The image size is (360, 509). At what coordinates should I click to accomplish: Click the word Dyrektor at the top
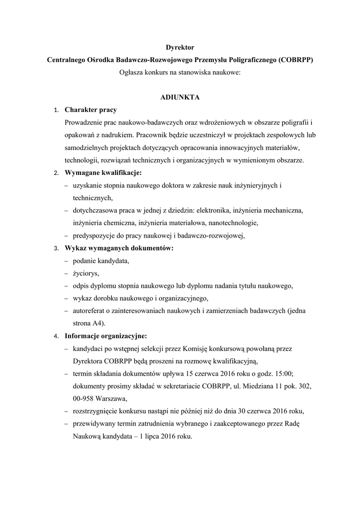[180, 47]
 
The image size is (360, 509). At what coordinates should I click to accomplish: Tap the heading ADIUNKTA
[180, 97]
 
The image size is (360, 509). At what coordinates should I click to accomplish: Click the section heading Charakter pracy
[91, 110]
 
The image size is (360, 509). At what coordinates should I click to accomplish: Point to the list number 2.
[56, 173]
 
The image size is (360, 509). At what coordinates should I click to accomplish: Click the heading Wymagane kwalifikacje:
[103, 173]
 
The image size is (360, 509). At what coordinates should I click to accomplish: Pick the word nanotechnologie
[234, 223]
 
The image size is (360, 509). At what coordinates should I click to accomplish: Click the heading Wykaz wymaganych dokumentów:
[119, 248]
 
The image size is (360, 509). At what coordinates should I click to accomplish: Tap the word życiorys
[86, 273]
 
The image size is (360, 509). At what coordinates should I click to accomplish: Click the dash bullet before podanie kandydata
[67, 261]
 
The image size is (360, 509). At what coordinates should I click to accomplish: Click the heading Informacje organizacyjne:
[106, 336]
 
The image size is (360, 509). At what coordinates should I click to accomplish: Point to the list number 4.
[56, 336]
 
